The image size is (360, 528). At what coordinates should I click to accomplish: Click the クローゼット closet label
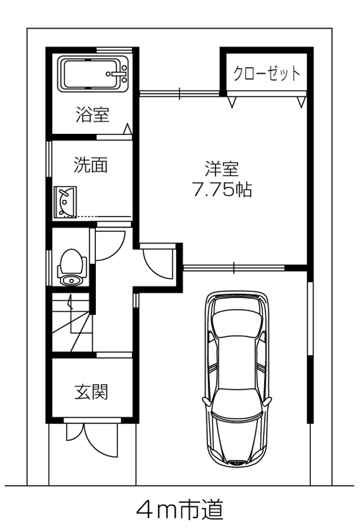[267, 73]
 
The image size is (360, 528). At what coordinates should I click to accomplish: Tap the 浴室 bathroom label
[93, 115]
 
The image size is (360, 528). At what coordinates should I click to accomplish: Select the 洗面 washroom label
[91, 165]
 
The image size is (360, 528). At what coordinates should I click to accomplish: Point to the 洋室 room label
[222, 169]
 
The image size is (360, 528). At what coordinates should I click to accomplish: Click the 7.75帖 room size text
[222, 190]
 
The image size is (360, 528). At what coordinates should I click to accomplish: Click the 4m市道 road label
[179, 510]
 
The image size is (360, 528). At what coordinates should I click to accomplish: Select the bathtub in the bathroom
[93, 74]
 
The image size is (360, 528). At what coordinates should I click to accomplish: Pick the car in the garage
[239, 380]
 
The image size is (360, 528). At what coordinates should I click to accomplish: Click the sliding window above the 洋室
[179, 94]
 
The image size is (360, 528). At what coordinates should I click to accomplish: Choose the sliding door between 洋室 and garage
[234, 268]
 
